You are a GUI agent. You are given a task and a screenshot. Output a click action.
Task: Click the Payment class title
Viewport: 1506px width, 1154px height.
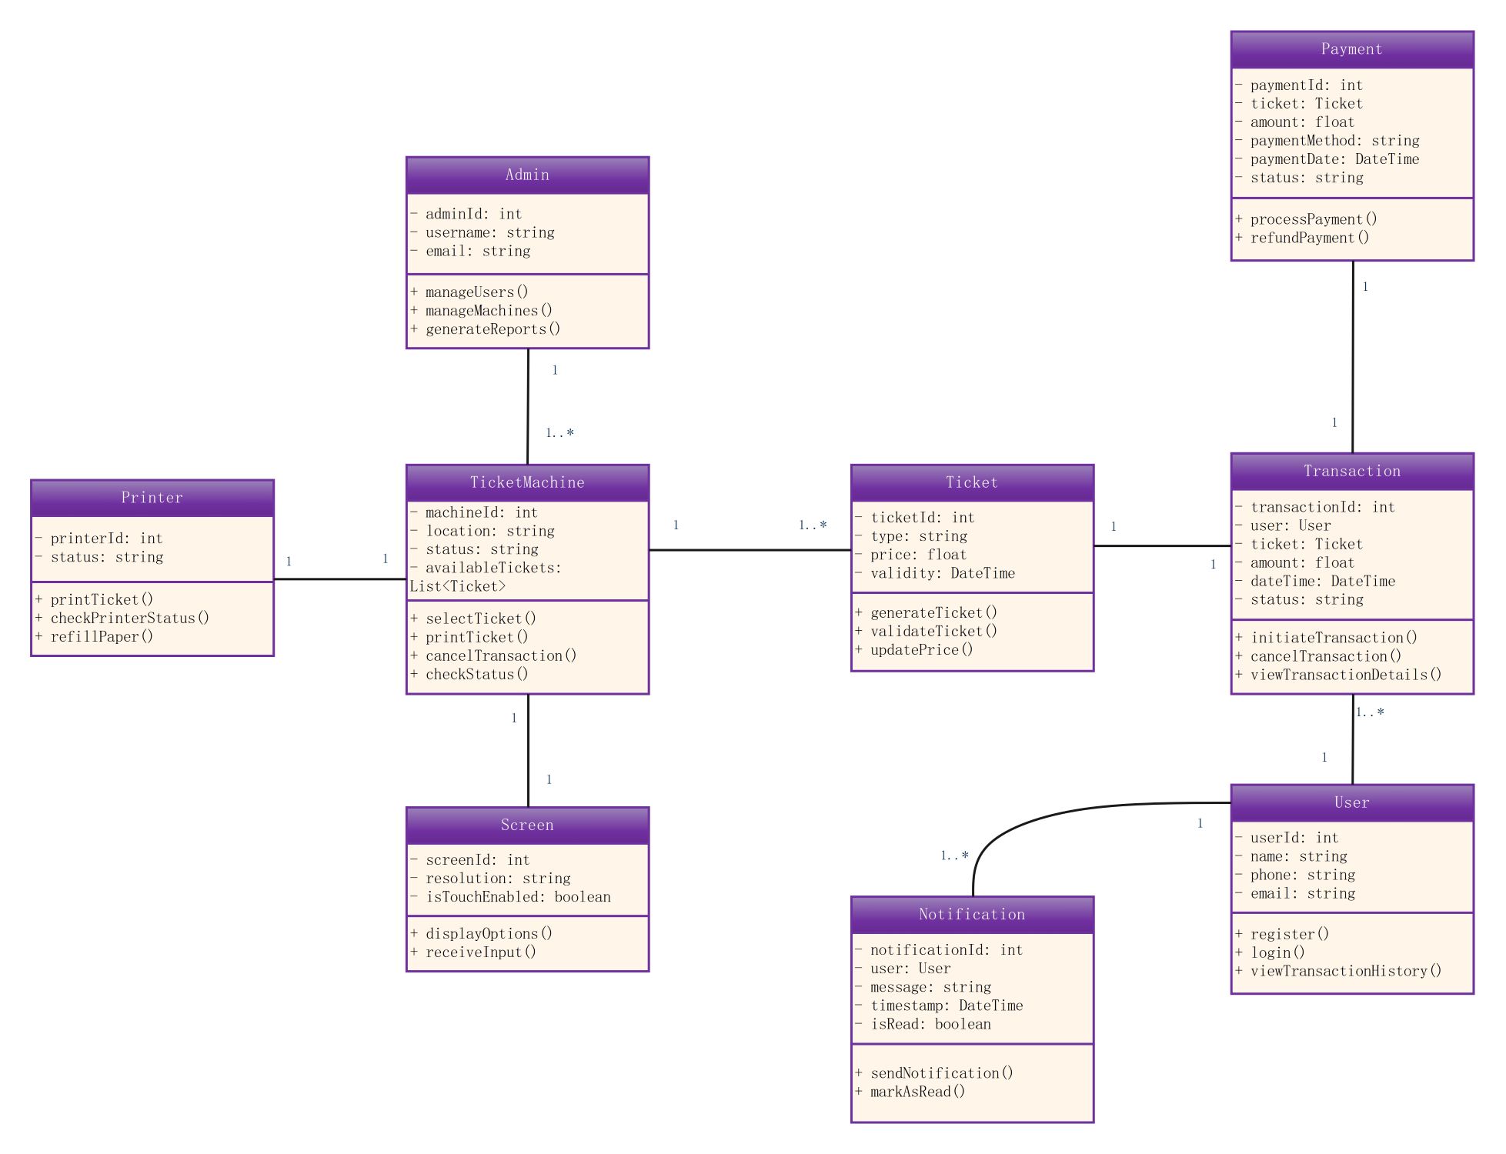tap(1351, 49)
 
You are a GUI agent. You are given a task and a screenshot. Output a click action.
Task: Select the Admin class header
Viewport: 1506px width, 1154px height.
tap(527, 175)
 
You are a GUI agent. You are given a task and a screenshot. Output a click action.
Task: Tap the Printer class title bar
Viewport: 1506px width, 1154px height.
tap(152, 498)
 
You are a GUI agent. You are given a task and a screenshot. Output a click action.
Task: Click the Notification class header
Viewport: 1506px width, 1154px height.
tap(971, 914)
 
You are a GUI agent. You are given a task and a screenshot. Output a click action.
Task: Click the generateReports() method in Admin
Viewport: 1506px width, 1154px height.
tap(493, 329)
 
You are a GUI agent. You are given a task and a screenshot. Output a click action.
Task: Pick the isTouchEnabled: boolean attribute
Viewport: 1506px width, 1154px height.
tap(518, 897)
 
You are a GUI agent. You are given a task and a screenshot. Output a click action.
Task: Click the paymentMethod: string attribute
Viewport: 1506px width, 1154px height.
tap(1334, 141)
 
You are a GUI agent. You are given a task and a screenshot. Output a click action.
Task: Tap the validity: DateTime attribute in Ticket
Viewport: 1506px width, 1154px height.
tap(942, 573)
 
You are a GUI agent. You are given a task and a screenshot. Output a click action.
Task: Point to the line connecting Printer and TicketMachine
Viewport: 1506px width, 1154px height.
tap(339, 579)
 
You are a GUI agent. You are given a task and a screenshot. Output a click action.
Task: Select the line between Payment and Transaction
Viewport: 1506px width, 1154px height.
tap(1353, 354)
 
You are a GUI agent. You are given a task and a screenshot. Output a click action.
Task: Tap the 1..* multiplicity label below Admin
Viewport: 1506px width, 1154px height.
tap(559, 433)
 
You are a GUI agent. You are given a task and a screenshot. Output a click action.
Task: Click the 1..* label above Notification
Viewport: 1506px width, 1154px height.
tap(954, 855)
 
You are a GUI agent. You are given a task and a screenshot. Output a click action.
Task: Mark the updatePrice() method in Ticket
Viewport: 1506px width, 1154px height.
tap(921, 650)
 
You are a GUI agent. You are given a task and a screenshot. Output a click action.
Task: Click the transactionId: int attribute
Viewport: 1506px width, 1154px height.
tap(1322, 507)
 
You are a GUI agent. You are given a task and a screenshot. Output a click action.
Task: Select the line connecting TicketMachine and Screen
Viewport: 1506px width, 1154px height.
tap(528, 750)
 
